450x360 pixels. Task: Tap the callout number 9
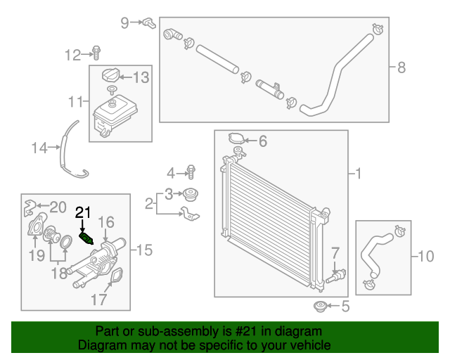pyautogui.click(x=125, y=22)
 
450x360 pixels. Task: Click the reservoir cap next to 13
pyautogui.click(x=110, y=76)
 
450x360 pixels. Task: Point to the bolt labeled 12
pyautogui.click(x=96, y=52)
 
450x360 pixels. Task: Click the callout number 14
pyautogui.click(x=38, y=148)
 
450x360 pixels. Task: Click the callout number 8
pyautogui.click(x=401, y=68)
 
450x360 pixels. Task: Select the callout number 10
pyautogui.click(x=426, y=257)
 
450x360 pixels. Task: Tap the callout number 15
pyautogui.click(x=143, y=250)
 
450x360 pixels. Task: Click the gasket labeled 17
pyautogui.click(x=111, y=283)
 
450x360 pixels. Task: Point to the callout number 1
pyautogui.click(x=358, y=173)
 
